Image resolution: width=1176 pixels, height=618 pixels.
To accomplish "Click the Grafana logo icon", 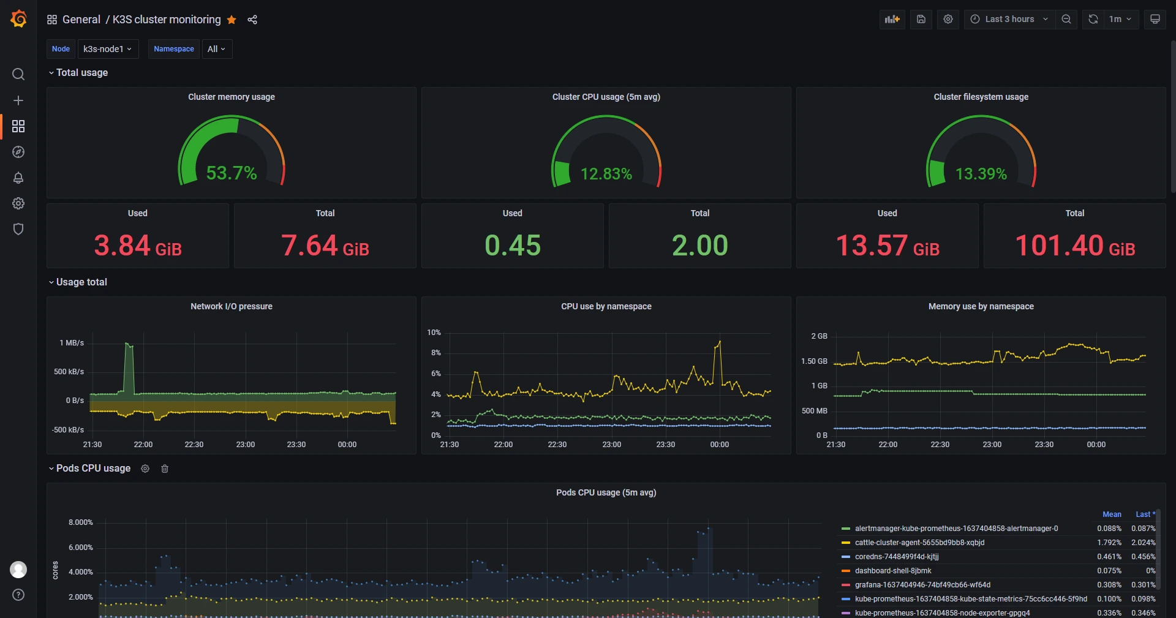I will pyautogui.click(x=18, y=19).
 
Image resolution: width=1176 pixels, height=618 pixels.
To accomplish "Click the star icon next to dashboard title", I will pyautogui.click(x=232, y=20).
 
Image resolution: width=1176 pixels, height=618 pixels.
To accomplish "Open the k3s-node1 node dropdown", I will pyautogui.click(x=108, y=49).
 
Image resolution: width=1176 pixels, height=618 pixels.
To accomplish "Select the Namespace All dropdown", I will pyautogui.click(x=217, y=49).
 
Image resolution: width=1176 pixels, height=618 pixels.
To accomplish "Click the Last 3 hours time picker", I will pyautogui.click(x=1009, y=19).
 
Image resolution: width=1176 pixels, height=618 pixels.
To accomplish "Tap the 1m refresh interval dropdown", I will pyautogui.click(x=1120, y=19).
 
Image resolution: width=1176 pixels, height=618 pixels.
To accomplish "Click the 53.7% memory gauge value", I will pyautogui.click(x=232, y=173).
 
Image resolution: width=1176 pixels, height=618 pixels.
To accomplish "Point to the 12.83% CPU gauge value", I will pyautogui.click(x=606, y=174).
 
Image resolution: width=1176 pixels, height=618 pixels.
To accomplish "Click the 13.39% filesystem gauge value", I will pyautogui.click(x=981, y=174).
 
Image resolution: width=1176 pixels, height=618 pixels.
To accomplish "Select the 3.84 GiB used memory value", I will pyautogui.click(x=138, y=246).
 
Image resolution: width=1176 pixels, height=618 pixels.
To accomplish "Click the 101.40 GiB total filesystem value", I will pyautogui.click(x=1075, y=246).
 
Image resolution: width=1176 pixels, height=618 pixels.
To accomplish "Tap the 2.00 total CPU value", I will pyautogui.click(x=699, y=246).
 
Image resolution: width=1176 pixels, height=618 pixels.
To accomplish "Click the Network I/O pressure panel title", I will pyautogui.click(x=232, y=306).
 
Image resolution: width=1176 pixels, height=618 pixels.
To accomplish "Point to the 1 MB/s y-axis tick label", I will pyautogui.click(x=72, y=343).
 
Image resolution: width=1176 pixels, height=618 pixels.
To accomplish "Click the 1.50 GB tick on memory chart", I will pyautogui.click(x=814, y=361).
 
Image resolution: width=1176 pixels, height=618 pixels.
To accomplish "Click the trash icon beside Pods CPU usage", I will pyautogui.click(x=165, y=469).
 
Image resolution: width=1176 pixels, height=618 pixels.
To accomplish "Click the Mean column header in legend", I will pyautogui.click(x=1112, y=514).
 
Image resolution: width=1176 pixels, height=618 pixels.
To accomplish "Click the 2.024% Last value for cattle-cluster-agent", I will pyautogui.click(x=1143, y=543).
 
